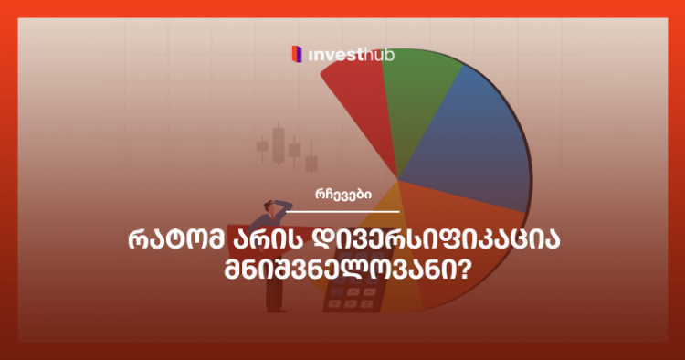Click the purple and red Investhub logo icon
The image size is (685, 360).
point(295,55)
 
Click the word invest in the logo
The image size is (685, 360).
point(332,55)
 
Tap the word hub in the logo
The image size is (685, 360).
point(377,55)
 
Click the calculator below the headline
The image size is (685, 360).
point(353,297)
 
